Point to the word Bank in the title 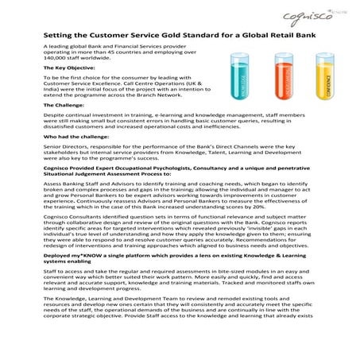pos(319,37)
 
